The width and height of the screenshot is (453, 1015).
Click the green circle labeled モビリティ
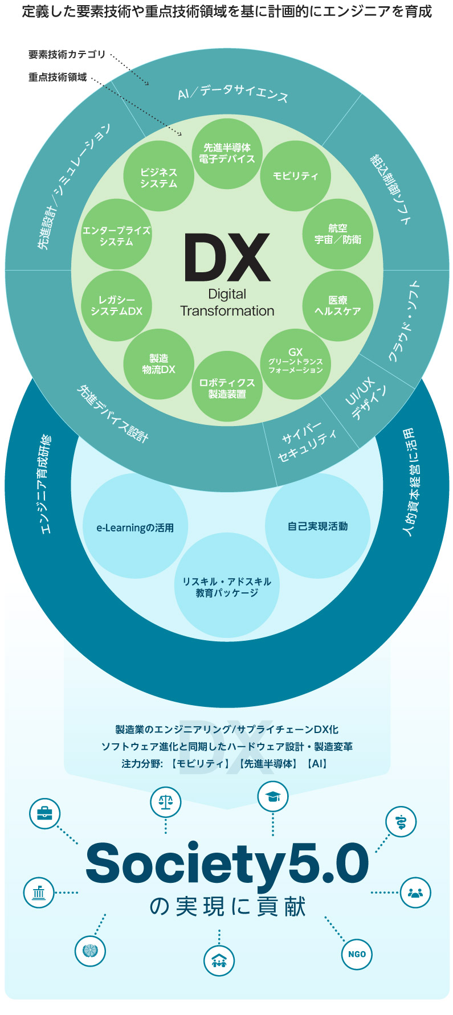point(295,176)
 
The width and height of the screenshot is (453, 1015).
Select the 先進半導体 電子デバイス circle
point(227,153)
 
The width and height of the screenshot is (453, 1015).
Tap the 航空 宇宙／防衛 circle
point(337,234)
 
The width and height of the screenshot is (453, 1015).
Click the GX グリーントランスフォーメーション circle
point(295,362)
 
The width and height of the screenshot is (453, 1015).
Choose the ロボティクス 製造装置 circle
point(227,387)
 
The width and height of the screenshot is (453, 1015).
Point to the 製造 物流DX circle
point(158,363)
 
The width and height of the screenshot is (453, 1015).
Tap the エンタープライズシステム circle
point(116,235)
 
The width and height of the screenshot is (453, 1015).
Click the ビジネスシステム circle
point(158,177)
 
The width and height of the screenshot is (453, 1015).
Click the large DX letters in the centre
point(227,257)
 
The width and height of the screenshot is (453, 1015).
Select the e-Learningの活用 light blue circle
point(135,527)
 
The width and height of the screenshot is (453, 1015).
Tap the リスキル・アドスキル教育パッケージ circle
point(227,586)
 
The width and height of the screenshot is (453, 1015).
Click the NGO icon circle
point(357,953)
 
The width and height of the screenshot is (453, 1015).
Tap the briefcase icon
point(44,813)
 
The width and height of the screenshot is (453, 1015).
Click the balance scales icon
point(165,802)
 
